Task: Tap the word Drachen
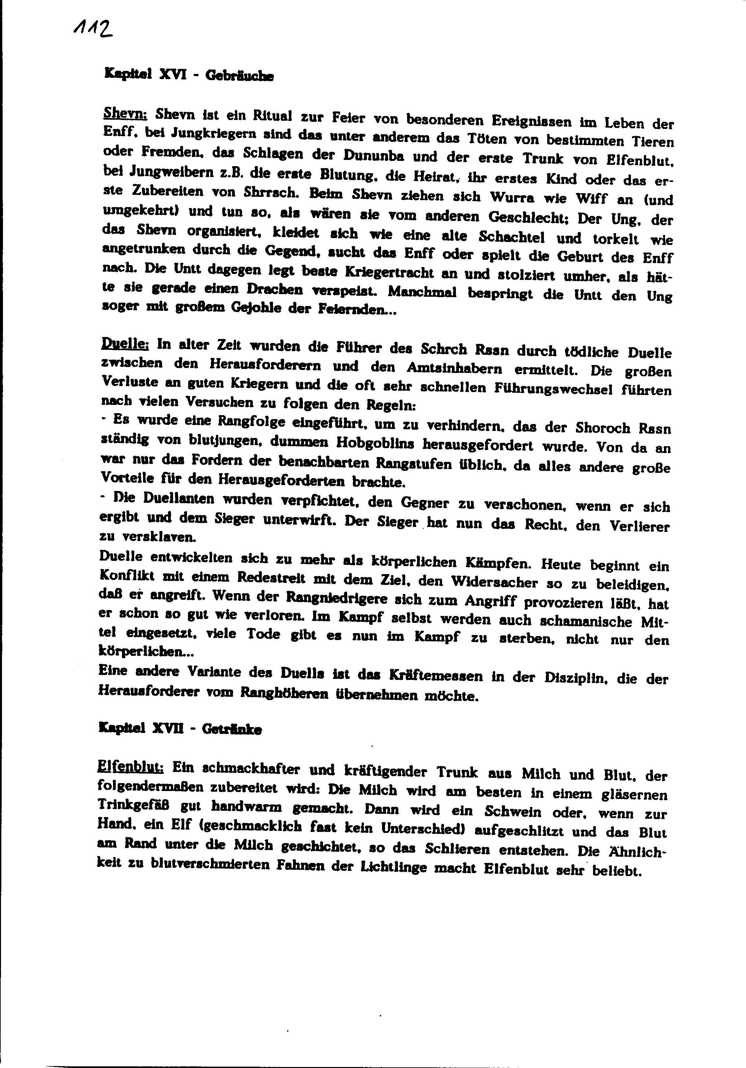point(274,289)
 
